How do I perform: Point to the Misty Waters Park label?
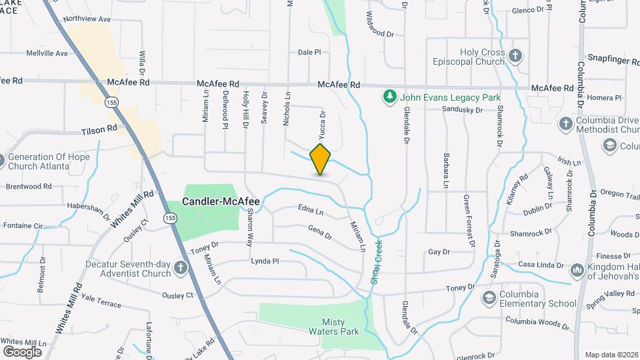coord(333,327)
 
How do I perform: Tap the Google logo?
coord(22,351)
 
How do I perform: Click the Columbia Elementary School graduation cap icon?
coord(489,297)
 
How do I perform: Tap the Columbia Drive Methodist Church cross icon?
coord(565,123)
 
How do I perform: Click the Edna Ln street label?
coord(311,213)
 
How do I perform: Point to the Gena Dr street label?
coord(320,232)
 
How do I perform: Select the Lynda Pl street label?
coord(265,261)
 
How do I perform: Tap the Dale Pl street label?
coord(309,52)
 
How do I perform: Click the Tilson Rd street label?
coord(99,131)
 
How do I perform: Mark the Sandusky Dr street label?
coord(461,109)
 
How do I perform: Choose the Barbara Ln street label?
coord(446,170)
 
